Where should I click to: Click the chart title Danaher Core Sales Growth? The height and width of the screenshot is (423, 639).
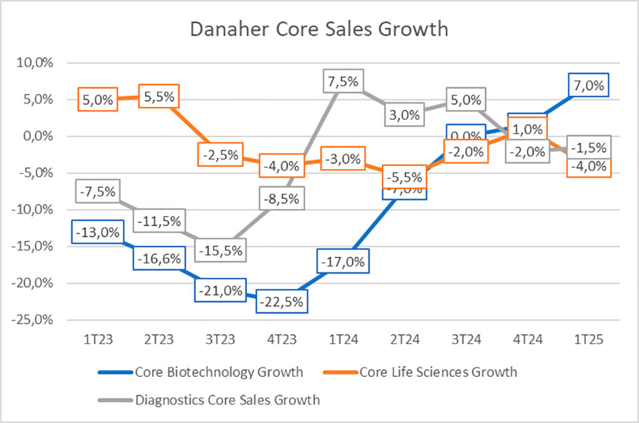[x=319, y=29]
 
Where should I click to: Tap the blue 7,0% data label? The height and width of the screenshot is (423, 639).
[x=589, y=85]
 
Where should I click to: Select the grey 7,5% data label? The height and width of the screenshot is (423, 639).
[x=343, y=82]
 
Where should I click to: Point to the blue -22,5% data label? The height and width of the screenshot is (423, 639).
[x=281, y=301]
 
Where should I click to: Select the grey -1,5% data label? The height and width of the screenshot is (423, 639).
[x=589, y=147]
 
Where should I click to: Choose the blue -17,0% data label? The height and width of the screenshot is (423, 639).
[x=342, y=261]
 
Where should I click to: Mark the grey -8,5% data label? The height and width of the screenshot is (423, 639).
[x=281, y=199]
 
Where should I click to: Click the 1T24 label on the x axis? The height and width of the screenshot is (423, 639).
[x=343, y=340]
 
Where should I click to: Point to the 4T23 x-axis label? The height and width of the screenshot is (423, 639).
[x=281, y=340]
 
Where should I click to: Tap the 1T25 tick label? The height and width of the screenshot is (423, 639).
[x=589, y=340]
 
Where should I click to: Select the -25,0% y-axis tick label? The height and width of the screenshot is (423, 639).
[x=36, y=320]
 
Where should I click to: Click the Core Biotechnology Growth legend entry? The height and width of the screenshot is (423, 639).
[x=218, y=372]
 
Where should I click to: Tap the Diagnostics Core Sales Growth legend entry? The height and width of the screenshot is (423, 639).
[x=227, y=400]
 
